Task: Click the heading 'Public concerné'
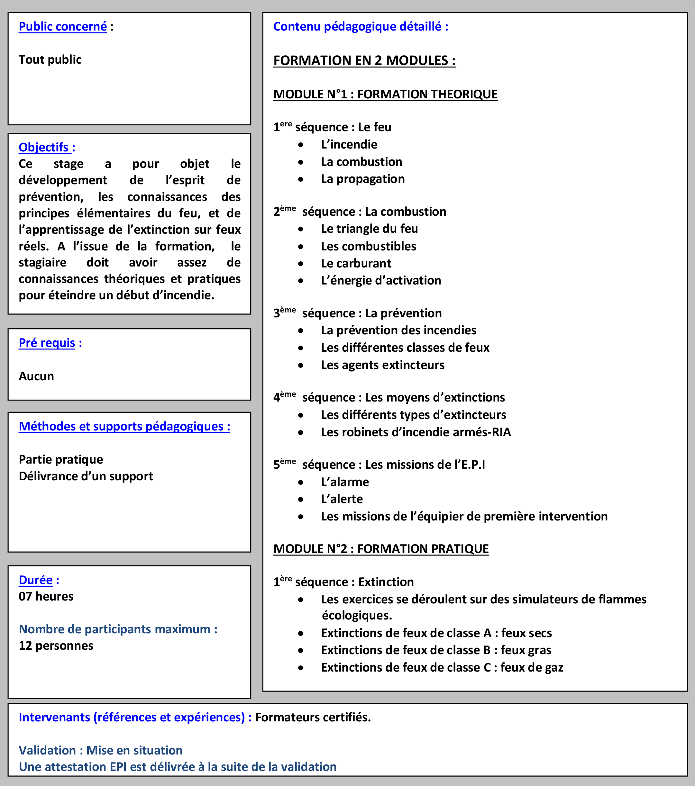pyautogui.click(x=63, y=27)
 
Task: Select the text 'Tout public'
pyautogui.click(x=50, y=59)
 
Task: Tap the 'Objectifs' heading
pyautogui.click(x=44, y=147)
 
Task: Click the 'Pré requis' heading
pyautogui.click(x=47, y=343)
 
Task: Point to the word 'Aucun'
pyautogui.click(x=37, y=376)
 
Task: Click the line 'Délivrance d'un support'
pyautogui.click(x=86, y=476)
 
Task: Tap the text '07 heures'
pyautogui.click(x=46, y=596)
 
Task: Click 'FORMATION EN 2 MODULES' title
pyautogui.click(x=364, y=60)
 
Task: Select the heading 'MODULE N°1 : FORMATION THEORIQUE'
pyautogui.click(x=385, y=94)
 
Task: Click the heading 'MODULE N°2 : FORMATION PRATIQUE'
pyautogui.click(x=381, y=549)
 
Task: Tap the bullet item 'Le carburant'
pyautogui.click(x=356, y=263)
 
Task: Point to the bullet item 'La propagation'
pyautogui.click(x=363, y=179)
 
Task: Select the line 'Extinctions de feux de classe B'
pyautogui.click(x=436, y=650)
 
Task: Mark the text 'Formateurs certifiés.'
pyautogui.click(x=313, y=717)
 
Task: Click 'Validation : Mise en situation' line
pyautogui.click(x=101, y=750)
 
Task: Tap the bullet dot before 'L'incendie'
pyautogui.click(x=301, y=145)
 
